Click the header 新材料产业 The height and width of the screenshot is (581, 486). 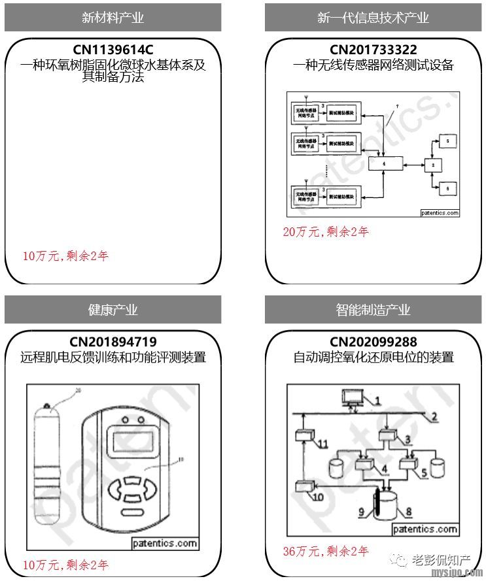(113, 18)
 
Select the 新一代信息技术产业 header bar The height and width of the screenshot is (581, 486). (373, 18)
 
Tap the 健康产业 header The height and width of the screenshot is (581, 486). (113, 310)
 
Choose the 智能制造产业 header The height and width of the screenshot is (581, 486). (373, 310)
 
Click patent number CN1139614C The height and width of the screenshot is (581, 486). (113, 50)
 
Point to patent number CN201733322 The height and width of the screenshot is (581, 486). (373, 50)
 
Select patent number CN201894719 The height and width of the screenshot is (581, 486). (113, 342)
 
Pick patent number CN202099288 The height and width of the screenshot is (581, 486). (373, 342)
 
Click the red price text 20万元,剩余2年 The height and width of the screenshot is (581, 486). (325, 231)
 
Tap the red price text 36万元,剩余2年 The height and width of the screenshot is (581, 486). (325, 551)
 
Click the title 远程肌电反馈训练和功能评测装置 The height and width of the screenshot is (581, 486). (113, 357)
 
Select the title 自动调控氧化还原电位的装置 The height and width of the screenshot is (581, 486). (373, 357)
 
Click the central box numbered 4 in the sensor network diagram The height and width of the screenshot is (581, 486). (385, 163)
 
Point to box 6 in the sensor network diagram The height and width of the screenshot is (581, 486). (447, 188)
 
